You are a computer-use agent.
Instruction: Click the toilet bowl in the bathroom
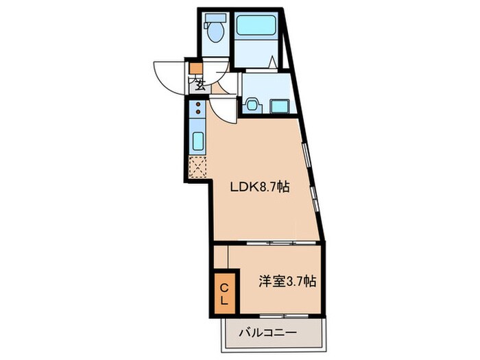tap(216, 32)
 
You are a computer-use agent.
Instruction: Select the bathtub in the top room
tap(255, 27)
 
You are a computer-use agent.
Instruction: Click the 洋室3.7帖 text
tap(286, 280)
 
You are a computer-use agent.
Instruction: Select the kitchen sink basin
tap(196, 142)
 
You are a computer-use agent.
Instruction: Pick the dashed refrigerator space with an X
tap(197, 167)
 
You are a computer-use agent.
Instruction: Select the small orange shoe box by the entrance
tap(196, 68)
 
